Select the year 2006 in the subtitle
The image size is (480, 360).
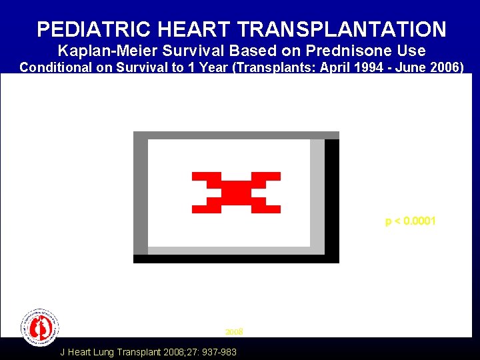tap(441, 67)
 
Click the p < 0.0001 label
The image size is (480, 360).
tap(410, 221)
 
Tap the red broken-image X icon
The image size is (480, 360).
tap(236, 193)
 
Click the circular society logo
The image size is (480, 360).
tap(40, 327)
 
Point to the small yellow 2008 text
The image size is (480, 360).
tap(234, 331)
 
